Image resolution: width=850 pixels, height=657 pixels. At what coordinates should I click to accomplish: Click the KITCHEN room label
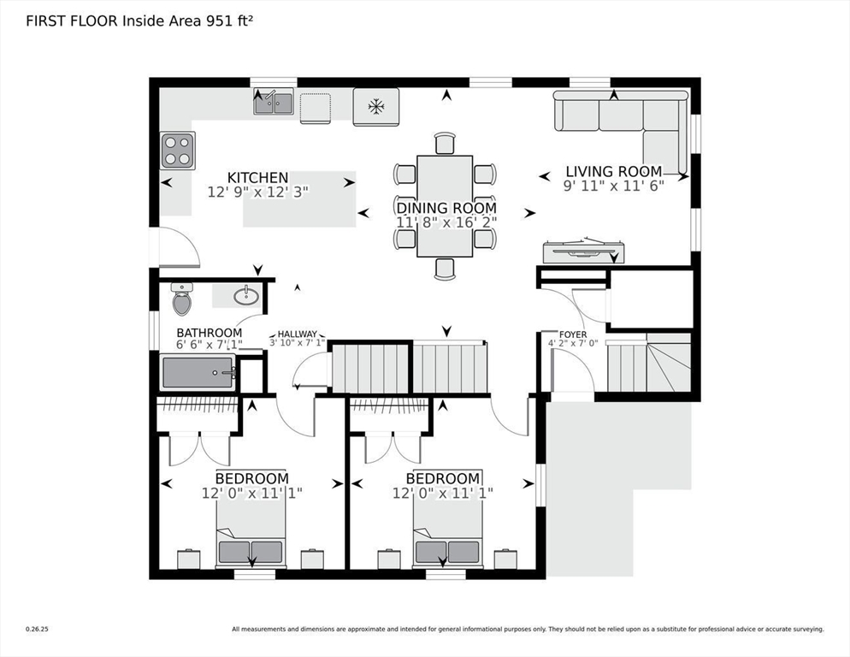(x=257, y=177)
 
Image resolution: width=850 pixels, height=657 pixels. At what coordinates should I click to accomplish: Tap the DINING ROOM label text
(x=446, y=209)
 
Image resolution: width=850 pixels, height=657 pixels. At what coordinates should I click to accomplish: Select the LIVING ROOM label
(x=614, y=171)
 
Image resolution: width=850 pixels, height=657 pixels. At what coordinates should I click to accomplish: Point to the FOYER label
(x=572, y=334)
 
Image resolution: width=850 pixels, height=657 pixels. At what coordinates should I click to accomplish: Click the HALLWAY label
(x=297, y=334)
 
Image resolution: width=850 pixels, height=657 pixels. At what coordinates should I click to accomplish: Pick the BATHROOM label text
(x=210, y=333)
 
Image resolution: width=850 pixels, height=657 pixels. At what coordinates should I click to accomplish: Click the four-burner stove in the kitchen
(x=178, y=151)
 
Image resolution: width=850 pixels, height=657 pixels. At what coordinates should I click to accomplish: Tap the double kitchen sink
(x=274, y=103)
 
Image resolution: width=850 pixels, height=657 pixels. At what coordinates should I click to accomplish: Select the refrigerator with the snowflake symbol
(x=375, y=107)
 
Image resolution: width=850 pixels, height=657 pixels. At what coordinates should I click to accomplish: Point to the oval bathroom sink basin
(x=246, y=296)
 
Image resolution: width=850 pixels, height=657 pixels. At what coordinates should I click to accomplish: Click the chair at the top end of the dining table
(x=445, y=144)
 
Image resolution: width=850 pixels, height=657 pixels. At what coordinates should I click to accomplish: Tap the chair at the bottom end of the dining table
(x=445, y=269)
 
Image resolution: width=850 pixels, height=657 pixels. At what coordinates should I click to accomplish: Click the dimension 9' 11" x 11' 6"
(x=614, y=186)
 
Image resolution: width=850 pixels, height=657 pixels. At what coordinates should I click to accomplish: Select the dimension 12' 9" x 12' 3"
(x=258, y=192)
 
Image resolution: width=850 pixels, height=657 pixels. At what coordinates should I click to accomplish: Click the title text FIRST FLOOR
(x=72, y=21)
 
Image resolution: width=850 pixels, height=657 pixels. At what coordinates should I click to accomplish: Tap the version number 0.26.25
(x=37, y=630)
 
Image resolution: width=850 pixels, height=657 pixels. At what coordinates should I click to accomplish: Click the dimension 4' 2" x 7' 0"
(x=573, y=343)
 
